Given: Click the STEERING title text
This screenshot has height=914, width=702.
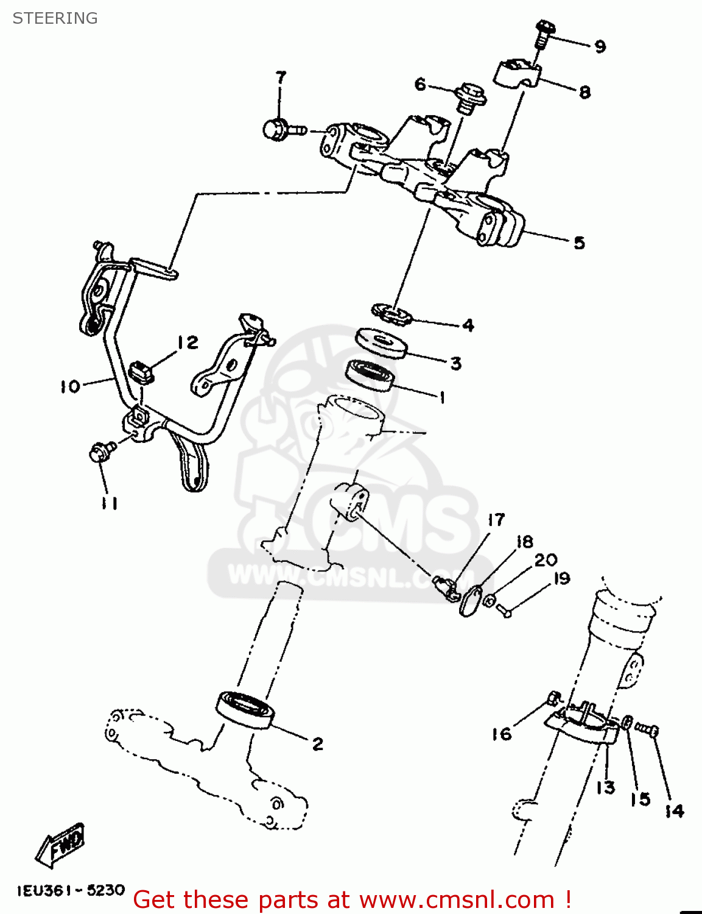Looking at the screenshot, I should pos(55,18).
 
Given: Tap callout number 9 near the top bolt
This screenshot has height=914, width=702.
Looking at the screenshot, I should pos(600,47).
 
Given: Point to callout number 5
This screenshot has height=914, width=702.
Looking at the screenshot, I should pos(579,243).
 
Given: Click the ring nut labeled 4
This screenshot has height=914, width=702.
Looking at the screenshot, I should pos(393,314).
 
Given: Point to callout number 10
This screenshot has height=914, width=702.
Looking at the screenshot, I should pos(69,386).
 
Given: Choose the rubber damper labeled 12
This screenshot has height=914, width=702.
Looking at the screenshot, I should pos(142,371).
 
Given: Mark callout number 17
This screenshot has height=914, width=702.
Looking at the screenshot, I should pos(496,520).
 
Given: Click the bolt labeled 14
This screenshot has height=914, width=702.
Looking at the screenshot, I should pos(648,728).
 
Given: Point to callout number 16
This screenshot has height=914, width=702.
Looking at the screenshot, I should pos(502,734).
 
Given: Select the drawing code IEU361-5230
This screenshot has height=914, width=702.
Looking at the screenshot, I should pos(71,890).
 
